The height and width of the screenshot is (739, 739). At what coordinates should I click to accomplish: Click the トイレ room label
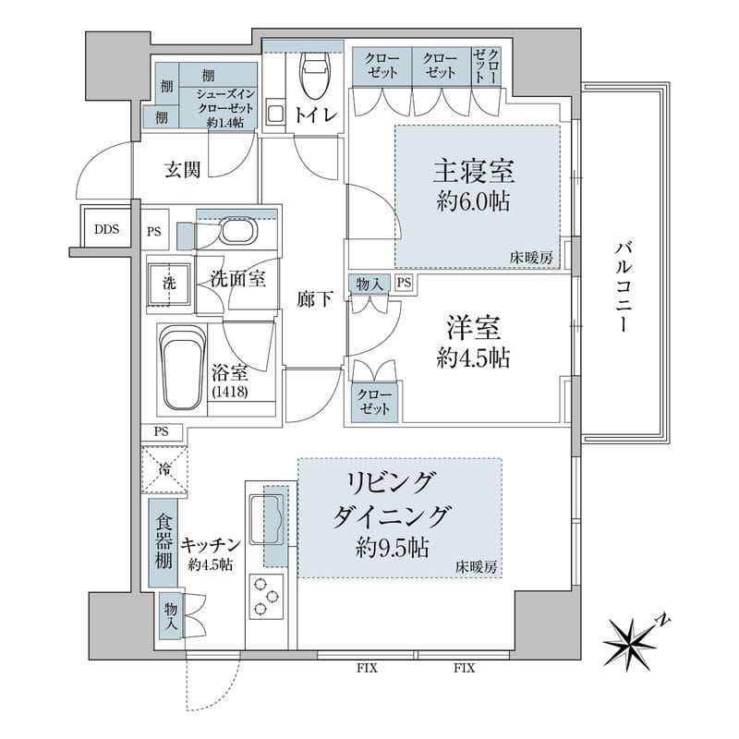click(315, 114)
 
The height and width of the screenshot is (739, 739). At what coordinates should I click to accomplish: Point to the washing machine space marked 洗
click(169, 284)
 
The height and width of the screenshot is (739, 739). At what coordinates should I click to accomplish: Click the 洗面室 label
click(237, 278)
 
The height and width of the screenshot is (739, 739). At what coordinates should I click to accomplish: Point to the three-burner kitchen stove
click(264, 596)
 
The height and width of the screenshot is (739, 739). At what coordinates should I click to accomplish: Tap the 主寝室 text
click(474, 173)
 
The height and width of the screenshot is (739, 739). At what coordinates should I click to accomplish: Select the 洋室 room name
click(474, 328)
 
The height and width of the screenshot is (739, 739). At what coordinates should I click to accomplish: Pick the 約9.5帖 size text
click(393, 547)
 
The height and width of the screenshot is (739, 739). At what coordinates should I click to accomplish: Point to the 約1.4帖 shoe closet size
click(224, 122)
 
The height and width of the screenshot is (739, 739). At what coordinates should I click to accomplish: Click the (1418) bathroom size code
click(229, 393)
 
